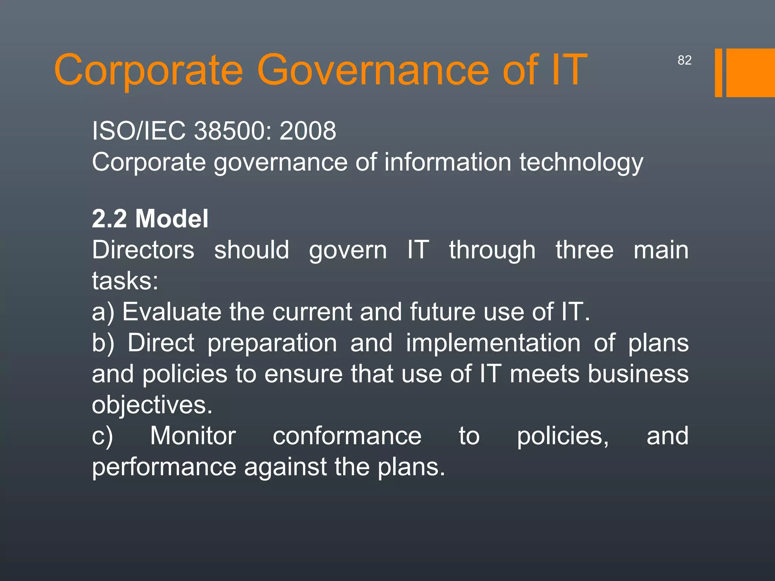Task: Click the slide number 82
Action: pyautogui.click(x=684, y=60)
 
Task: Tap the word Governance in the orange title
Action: pyautogui.click(x=372, y=70)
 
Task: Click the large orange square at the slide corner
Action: pyautogui.click(x=750, y=73)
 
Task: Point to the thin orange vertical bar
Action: pyautogui.click(x=718, y=73)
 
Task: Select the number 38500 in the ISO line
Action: pyautogui.click(x=233, y=131)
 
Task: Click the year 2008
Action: pyautogui.click(x=308, y=131)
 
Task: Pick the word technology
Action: pyautogui.click(x=581, y=163)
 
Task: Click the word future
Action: pyautogui.click(x=442, y=312)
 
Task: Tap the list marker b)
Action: pyautogui.click(x=103, y=343)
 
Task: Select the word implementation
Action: pyautogui.click(x=493, y=343)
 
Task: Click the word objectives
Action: pyautogui.click(x=152, y=405)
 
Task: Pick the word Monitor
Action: pyautogui.click(x=193, y=436)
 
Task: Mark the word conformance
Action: pyautogui.click(x=347, y=436)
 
